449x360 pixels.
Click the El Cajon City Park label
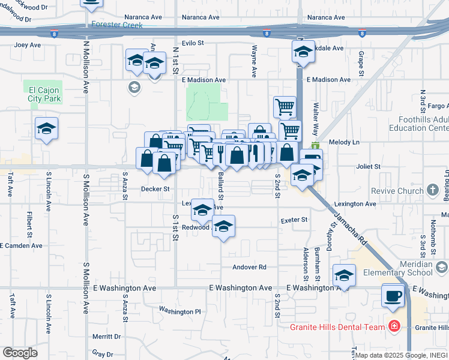click(44, 94)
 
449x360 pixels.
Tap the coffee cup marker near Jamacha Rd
click(393, 296)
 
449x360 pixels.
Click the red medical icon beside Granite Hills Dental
click(394, 327)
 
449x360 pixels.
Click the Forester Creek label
click(118, 25)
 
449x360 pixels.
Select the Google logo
click(20, 352)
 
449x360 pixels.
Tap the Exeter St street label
click(294, 220)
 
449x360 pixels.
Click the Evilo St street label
click(193, 43)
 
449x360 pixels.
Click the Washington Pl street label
click(179, 311)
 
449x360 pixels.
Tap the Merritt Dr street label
click(108, 337)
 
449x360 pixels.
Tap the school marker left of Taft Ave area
click(46, 128)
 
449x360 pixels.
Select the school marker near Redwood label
click(223, 227)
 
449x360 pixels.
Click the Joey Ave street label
click(28, 45)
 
